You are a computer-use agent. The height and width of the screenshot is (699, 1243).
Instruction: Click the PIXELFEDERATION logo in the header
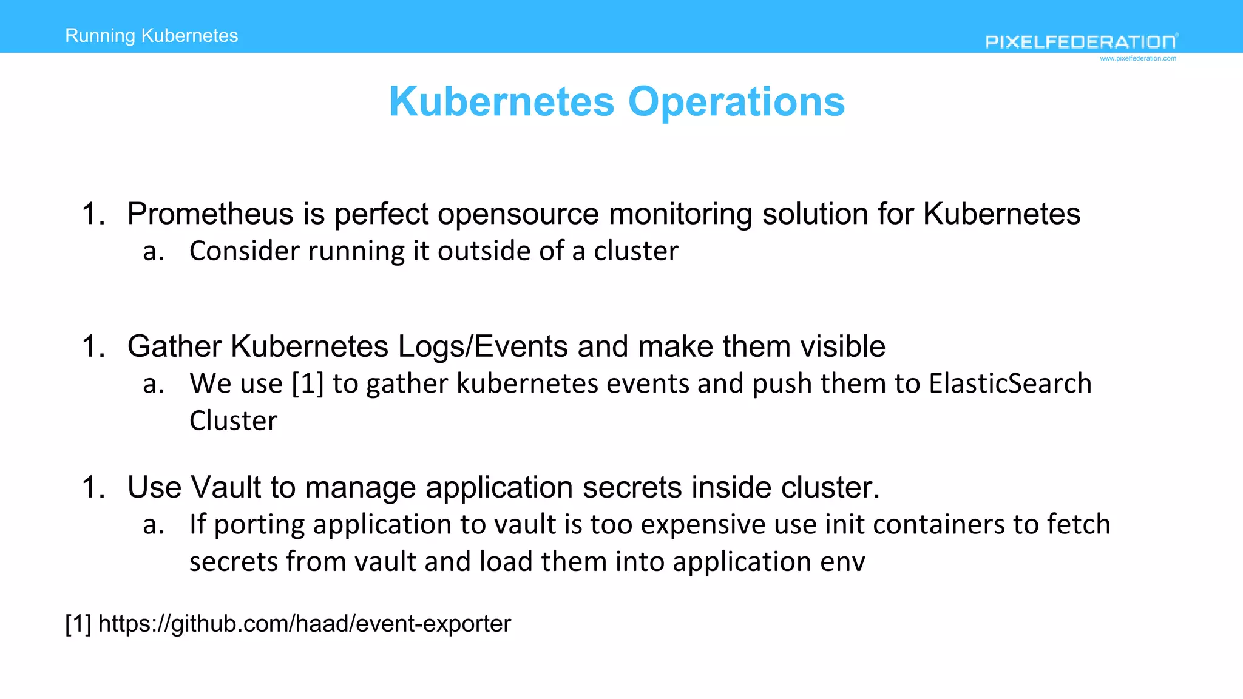(x=1081, y=41)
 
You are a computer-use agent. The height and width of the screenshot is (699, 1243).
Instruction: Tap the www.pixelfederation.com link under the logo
(x=1138, y=59)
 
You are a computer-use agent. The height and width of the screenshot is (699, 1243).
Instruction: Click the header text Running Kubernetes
(x=152, y=36)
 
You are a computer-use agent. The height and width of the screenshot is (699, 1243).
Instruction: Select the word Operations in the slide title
(x=736, y=101)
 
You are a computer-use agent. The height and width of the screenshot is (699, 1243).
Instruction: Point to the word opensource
(x=518, y=214)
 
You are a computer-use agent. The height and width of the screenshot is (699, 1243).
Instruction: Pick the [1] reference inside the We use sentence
(x=308, y=384)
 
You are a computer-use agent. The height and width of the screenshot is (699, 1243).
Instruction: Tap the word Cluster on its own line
(x=234, y=421)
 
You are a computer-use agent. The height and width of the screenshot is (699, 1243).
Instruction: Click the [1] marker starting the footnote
(x=78, y=624)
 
